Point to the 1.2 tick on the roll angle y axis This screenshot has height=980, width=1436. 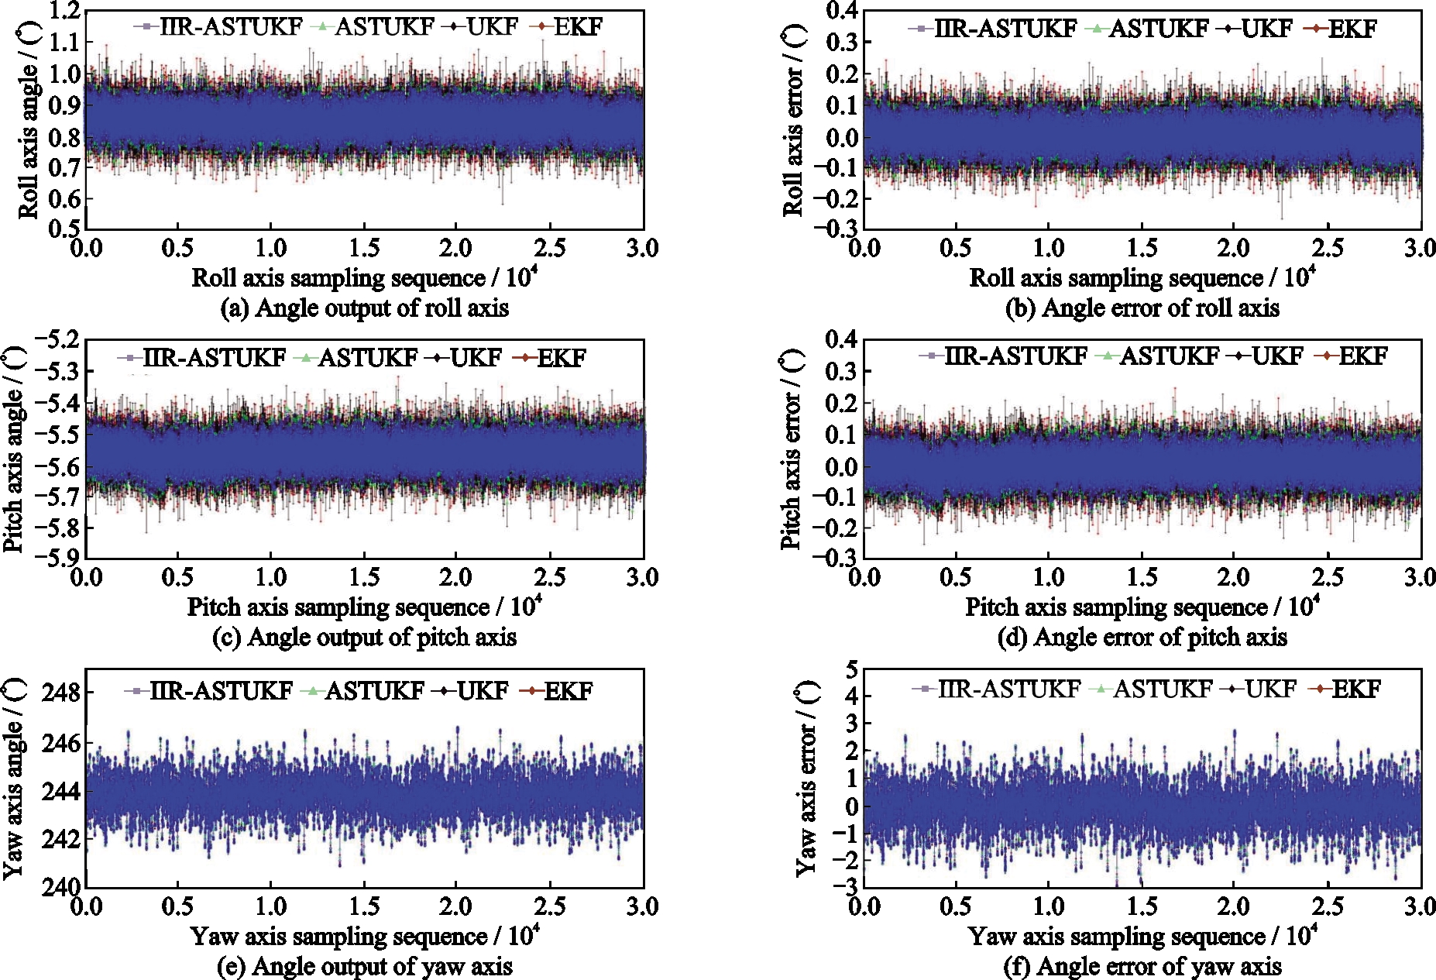pyautogui.click(x=65, y=11)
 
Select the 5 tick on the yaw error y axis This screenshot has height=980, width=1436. pyautogui.click(x=852, y=669)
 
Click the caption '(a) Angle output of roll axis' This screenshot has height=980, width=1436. pyautogui.click(x=364, y=308)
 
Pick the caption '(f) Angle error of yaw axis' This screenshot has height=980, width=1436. pyautogui.click(x=1142, y=966)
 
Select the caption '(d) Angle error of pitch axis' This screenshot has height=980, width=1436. pyautogui.click(x=1142, y=637)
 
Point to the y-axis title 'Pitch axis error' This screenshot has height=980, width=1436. pyautogui.click(x=792, y=449)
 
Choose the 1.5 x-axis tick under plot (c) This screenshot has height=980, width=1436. pyautogui.click(x=364, y=577)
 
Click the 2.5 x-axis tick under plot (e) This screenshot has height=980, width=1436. pyautogui.click(x=550, y=906)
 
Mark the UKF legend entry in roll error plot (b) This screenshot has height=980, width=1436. pyautogui.click(x=1256, y=29)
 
